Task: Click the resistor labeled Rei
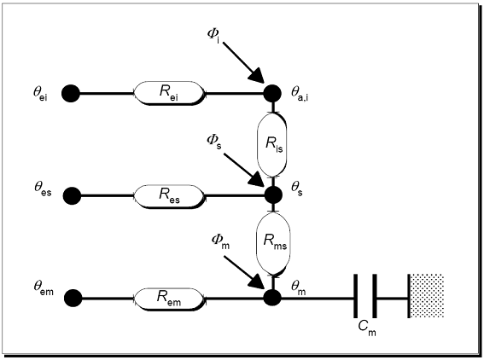[x=170, y=93]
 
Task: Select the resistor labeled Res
[x=170, y=196]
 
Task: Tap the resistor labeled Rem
[x=170, y=299]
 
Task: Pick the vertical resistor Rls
[x=272, y=144]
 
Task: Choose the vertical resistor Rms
[x=273, y=244]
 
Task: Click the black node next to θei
[x=71, y=93]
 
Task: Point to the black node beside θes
[x=72, y=196]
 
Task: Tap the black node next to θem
[x=73, y=298]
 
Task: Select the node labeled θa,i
[x=272, y=93]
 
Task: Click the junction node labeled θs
[x=273, y=195]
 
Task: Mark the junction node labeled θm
[x=272, y=298]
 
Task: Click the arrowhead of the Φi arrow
[x=257, y=75]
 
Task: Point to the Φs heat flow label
[x=214, y=142]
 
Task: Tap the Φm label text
[x=220, y=241]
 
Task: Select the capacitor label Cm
[x=367, y=328]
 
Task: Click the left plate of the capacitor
[x=356, y=296]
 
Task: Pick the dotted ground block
[x=426, y=296]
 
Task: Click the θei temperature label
[x=40, y=93]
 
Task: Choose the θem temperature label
[x=44, y=288]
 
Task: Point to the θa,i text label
[x=300, y=94]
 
